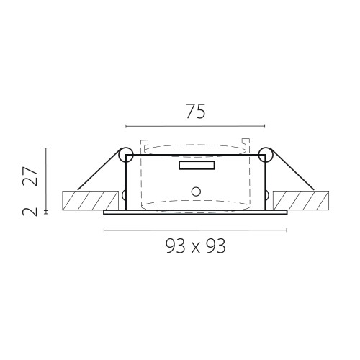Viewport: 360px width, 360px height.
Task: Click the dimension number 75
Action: click(196, 112)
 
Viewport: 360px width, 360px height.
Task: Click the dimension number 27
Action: click(30, 176)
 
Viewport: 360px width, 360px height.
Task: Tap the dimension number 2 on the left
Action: click(30, 212)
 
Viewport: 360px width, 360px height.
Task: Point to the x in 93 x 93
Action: click(196, 248)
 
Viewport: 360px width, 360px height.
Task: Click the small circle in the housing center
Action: click(196, 192)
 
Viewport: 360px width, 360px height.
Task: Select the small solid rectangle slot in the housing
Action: click(197, 166)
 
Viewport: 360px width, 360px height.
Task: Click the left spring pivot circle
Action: click(126, 155)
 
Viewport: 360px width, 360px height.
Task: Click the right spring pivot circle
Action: click(266, 154)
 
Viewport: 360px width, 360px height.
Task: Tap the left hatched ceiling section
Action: click(90, 200)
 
